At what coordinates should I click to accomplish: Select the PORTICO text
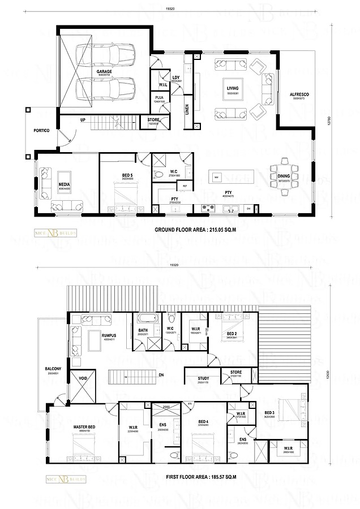[42, 131]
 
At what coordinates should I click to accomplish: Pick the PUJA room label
[160, 98]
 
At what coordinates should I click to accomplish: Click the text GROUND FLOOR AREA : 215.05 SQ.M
[190, 231]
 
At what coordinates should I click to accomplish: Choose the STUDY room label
[204, 378]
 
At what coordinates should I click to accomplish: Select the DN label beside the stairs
[161, 374]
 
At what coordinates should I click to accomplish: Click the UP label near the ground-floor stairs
[83, 120]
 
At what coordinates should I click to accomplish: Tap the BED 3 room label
[269, 413]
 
